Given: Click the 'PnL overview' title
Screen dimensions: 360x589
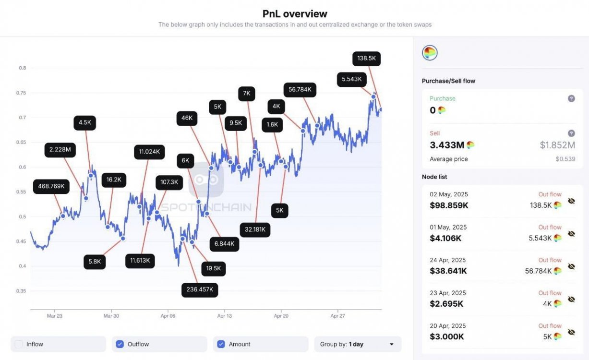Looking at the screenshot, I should click(x=295, y=13).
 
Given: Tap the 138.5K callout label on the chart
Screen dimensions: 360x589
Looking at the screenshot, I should click(x=367, y=59).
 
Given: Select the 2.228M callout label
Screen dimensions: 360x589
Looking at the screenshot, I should click(x=60, y=150).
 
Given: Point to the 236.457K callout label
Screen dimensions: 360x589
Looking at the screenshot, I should click(x=200, y=289).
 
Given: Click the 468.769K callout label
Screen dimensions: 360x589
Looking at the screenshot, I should click(x=52, y=186).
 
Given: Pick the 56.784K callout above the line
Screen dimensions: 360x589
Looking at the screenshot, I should click(x=300, y=89).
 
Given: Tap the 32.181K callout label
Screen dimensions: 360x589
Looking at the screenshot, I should click(x=255, y=229).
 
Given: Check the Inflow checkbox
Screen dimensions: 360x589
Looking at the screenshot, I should click(x=19, y=344).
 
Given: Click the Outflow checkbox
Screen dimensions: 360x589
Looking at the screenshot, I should click(x=120, y=344).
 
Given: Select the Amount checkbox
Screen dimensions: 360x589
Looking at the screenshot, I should click(x=221, y=344).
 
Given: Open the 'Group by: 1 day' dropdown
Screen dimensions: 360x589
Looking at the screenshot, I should click(x=358, y=344).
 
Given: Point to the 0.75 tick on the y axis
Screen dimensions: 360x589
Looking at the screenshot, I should click(x=22, y=93).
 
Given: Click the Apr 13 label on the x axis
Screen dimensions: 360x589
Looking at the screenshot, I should click(x=225, y=316).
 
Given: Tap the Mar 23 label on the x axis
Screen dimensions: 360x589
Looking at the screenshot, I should click(x=54, y=316).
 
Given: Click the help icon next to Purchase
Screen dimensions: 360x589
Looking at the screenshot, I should click(x=571, y=98).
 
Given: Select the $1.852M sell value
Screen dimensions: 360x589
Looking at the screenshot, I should click(x=557, y=145).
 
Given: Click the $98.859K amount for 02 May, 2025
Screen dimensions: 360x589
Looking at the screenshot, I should click(x=449, y=205).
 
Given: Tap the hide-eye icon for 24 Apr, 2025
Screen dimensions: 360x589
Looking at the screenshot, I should click(x=571, y=266).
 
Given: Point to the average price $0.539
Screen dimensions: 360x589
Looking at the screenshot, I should click(x=565, y=159).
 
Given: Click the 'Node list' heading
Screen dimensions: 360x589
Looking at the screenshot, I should click(x=434, y=177).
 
